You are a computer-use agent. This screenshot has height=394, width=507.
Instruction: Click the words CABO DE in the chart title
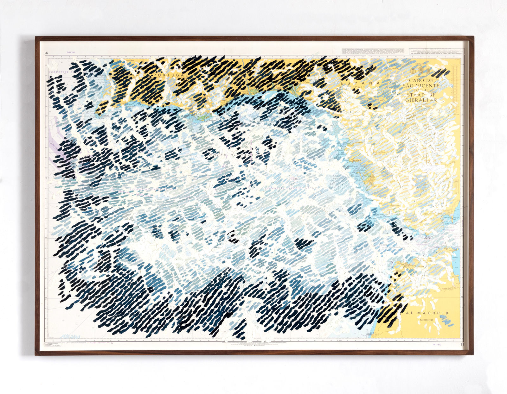pyautogui.click(x=421, y=81)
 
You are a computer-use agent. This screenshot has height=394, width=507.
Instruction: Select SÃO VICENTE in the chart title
pyautogui.click(x=421, y=86)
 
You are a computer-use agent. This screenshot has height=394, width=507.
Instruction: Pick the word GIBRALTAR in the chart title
pyautogui.click(x=421, y=100)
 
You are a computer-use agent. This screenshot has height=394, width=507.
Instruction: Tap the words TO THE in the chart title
pyautogui.click(x=421, y=90)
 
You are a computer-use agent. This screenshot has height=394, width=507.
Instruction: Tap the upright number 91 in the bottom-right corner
pyautogui.click(x=464, y=344)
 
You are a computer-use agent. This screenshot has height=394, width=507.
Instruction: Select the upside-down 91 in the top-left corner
pyautogui.click(x=46, y=53)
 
